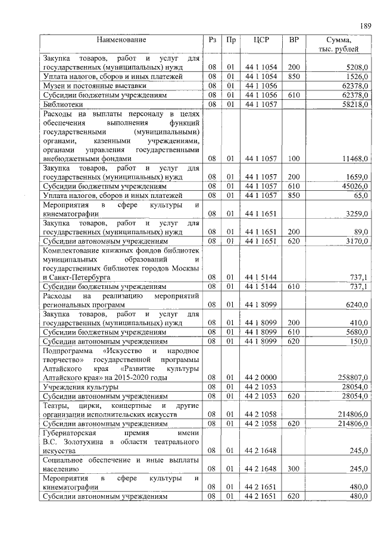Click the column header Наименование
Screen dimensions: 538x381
coord(121,40)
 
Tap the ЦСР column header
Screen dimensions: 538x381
coord(261,40)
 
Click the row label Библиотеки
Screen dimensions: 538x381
coord(63,104)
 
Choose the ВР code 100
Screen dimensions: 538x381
coord(293,159)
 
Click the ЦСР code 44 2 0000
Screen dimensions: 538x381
coord(261,377)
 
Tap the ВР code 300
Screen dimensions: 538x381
coord(293,469)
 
